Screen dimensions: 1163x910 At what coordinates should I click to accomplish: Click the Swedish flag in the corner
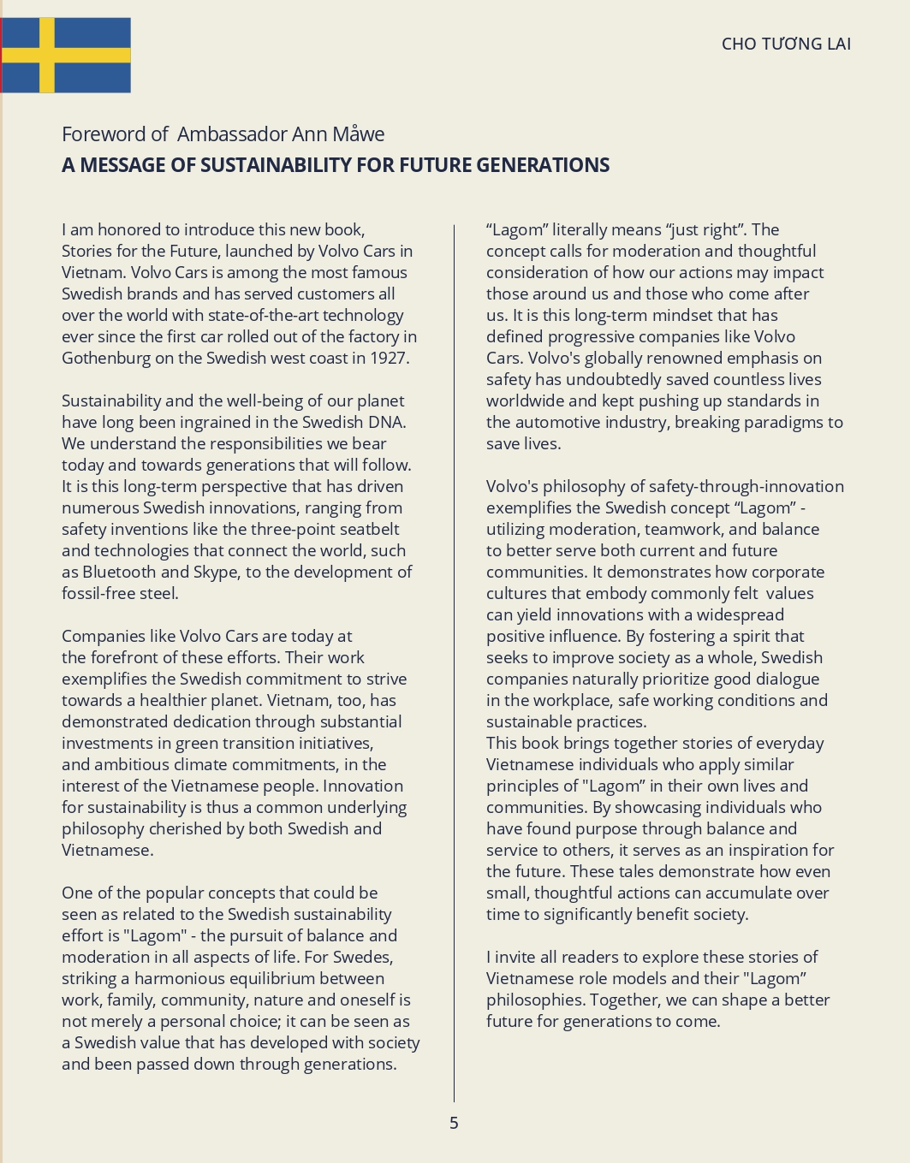tap(66, 55)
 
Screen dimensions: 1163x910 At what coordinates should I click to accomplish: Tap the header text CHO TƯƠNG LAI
tap(786, 45)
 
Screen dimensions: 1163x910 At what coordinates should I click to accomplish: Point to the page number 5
tap(454, 1123)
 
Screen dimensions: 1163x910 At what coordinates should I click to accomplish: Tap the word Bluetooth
tap(120, 573)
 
